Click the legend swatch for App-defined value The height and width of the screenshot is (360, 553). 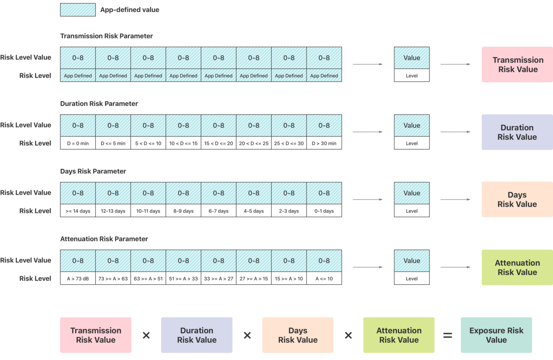coord(78,10)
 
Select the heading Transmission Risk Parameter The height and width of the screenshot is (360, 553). coord(106,36)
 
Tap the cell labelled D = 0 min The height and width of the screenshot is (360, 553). coord(78,143)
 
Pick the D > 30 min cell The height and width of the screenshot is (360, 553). coord(324,143)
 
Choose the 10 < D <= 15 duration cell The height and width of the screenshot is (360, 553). coord(183,143)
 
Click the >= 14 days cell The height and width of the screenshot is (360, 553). coord(78,211)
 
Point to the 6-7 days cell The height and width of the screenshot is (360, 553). coord(219,211)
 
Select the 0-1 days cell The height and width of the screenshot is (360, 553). coord(324,211)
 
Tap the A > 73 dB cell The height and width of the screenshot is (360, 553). coord(78,278)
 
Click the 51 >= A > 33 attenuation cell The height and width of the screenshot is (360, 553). coord(183,278)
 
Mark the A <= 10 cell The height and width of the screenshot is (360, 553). coord(324,278)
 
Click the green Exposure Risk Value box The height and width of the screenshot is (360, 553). coord(496,335)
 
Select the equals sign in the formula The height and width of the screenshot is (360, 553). coord(448,335)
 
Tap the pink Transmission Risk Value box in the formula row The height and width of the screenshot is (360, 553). coord(96,335)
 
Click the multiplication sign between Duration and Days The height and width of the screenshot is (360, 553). coord(248,335)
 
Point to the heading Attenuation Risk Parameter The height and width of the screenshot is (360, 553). coord(104,239)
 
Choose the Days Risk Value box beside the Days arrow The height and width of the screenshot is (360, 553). coord(517,199)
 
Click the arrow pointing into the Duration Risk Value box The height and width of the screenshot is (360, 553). coord(456,132)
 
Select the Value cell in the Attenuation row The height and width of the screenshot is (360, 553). coord(412,261)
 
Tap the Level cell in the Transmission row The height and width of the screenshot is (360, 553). coord(412,76)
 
